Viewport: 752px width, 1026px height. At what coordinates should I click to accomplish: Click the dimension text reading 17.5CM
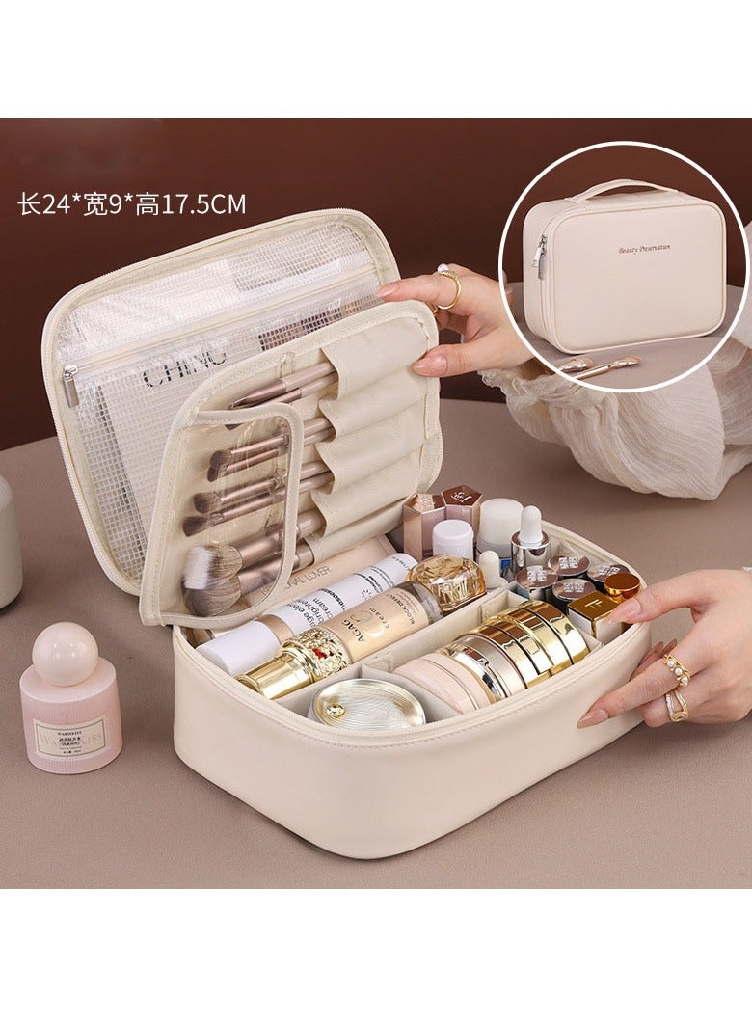coord(202,204)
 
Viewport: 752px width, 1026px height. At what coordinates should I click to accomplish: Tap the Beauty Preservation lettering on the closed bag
coord(644,249)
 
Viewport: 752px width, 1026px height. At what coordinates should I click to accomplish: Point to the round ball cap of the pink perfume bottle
coord(66,653)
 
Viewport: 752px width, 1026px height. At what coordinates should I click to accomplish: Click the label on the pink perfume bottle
coord(70,736)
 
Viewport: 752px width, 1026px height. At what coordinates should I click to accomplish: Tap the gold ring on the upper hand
coord(448,286)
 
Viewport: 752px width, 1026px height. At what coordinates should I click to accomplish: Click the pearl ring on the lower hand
coord(674,668)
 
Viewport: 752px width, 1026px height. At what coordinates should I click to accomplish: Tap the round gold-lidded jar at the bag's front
coord(367,703)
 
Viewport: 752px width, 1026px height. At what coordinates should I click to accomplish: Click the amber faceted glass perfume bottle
coord(445,580)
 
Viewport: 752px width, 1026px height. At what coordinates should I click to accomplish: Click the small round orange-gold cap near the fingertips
coord(621,584)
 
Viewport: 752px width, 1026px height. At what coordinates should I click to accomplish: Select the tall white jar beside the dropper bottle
coord(499,526)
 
